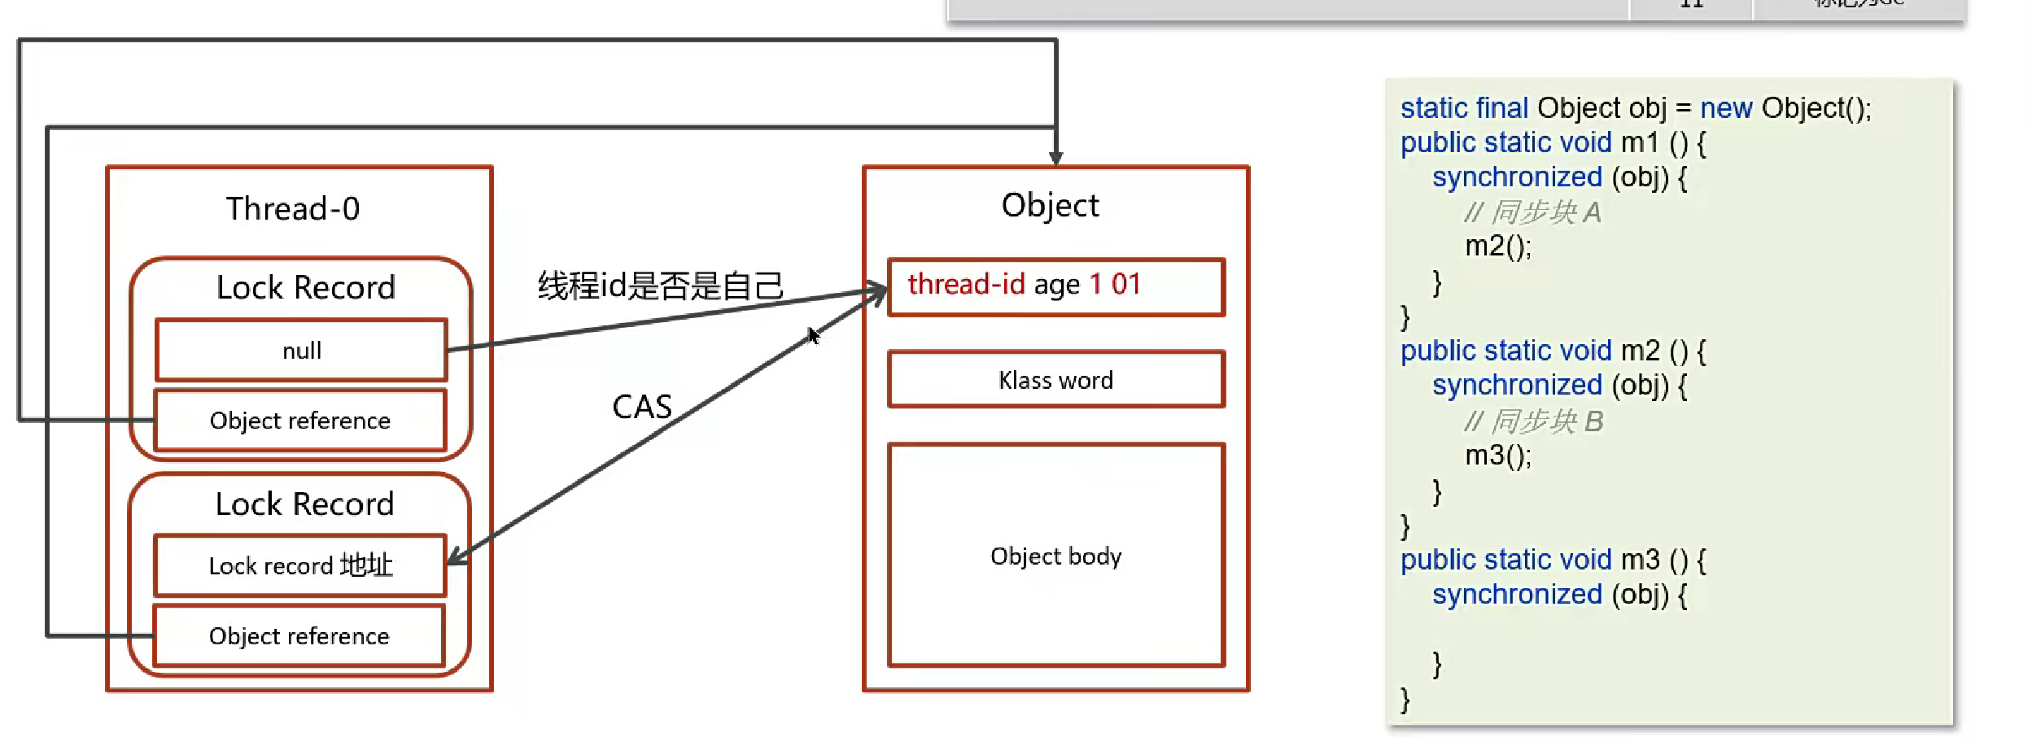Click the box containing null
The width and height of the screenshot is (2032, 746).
click(x=301, y=350)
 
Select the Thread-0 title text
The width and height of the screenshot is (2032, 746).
click(x=293, y=209)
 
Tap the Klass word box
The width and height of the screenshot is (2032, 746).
click(x=1055, y=380)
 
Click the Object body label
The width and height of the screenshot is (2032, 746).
click(x=1055, y=556)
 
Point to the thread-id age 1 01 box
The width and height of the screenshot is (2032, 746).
click(x=1055, y=286)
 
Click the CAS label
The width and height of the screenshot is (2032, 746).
click(x=642, y=407)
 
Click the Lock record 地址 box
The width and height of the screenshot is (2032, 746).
click(x=300, y=565)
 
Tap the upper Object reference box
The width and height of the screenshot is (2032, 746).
click(x=300, y=421)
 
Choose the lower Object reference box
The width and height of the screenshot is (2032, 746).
click(x=299, y=636)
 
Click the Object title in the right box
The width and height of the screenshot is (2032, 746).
click(x=1050, y=206)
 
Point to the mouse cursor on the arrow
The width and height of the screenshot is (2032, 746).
click(x=813, y=335)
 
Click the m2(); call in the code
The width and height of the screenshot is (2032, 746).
click(x=1497, y=246)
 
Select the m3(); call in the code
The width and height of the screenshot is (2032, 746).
click(x=1497, y=456)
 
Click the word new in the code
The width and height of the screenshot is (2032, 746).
click(x=1726, y=108)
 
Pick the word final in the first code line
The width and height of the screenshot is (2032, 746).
click(x=1502, y=108)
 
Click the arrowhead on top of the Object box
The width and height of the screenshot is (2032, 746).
click(x=1055, y=158)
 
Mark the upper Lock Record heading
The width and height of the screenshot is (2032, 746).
click(x=306, y=287)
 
